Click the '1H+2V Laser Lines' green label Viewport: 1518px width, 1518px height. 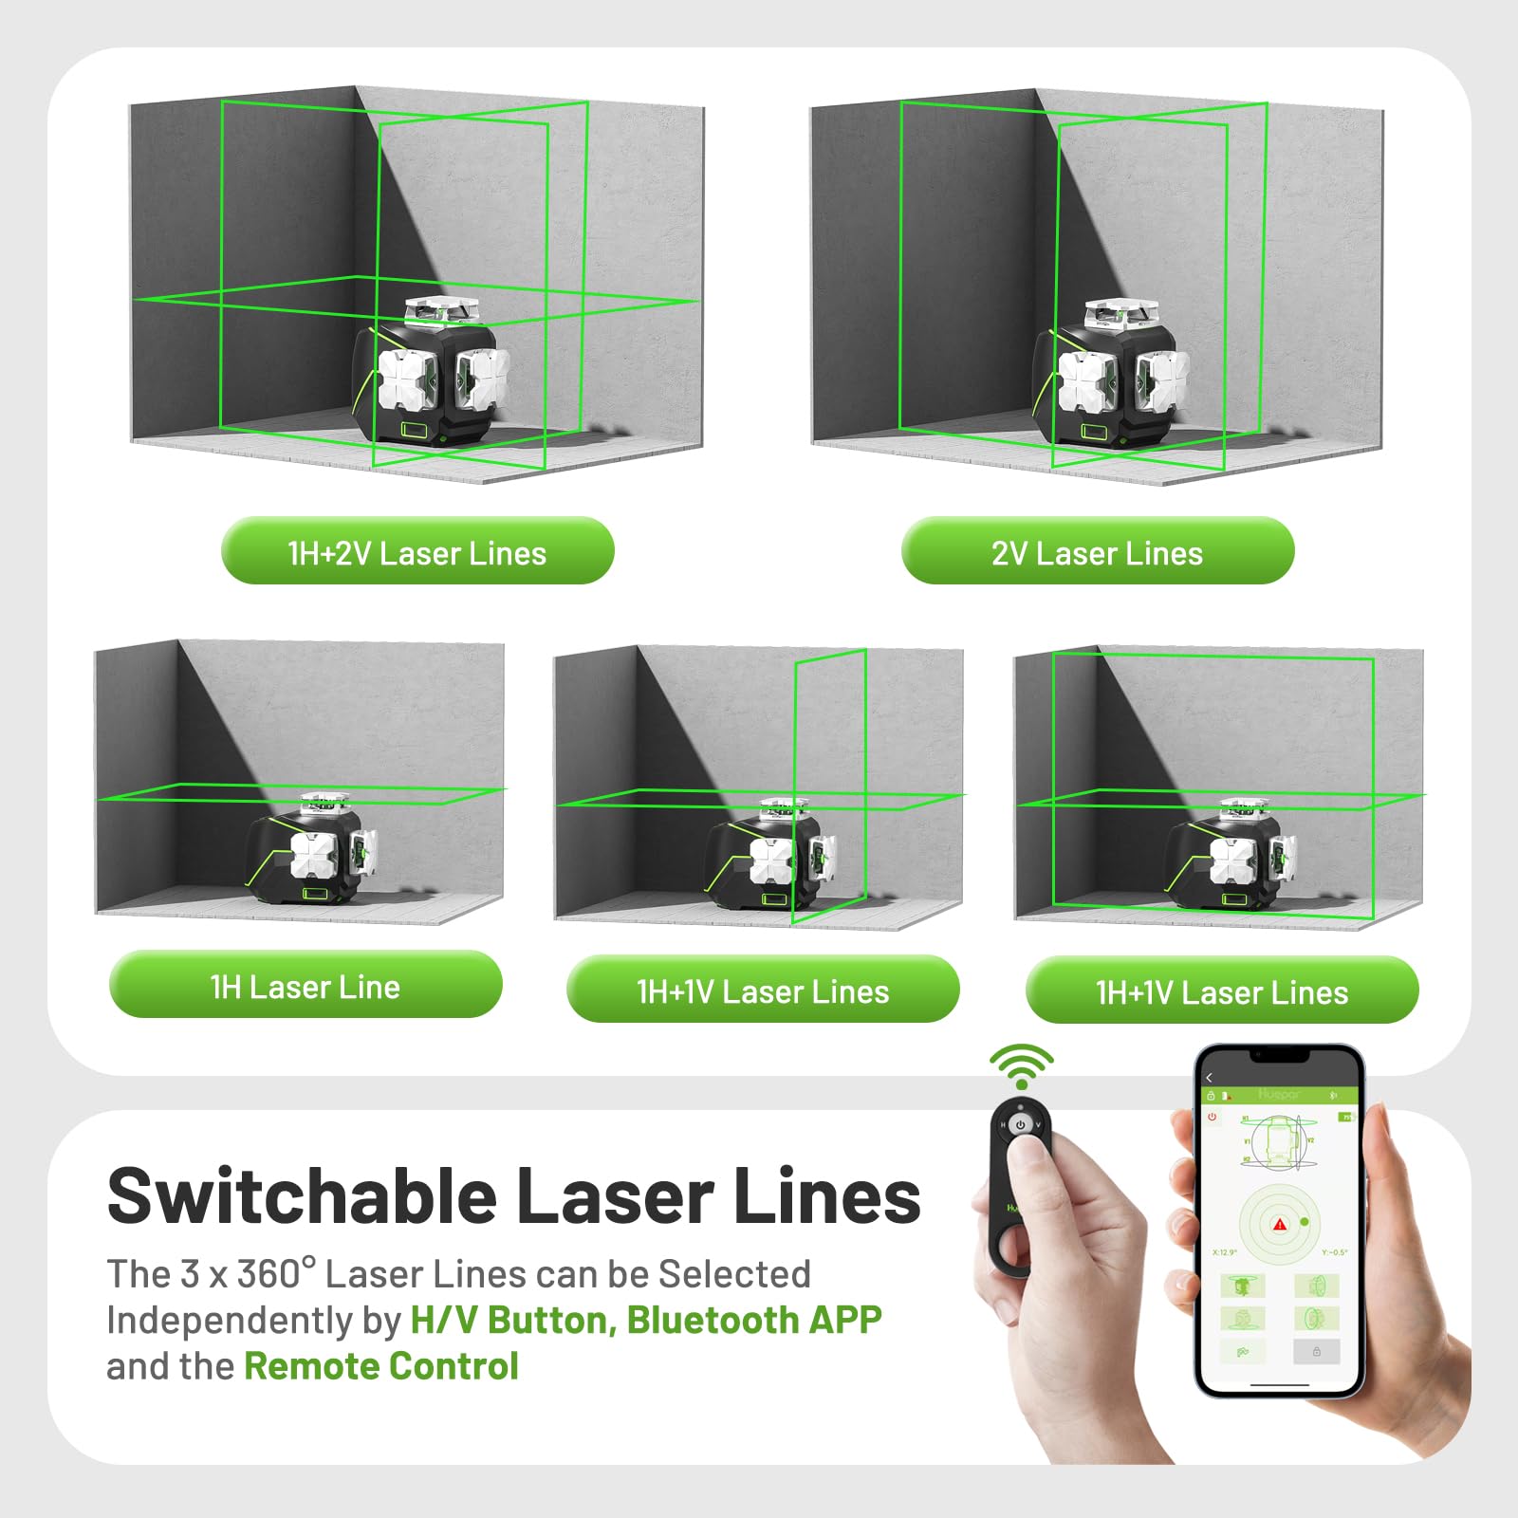417,551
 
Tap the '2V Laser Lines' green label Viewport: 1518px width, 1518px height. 1097,551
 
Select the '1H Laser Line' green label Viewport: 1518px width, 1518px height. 305,985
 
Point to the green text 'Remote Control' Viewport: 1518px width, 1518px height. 380,1366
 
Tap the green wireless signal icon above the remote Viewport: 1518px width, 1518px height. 1021,1066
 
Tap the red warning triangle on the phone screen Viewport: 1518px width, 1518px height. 1279,1225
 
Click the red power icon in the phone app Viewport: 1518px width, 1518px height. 1212,1117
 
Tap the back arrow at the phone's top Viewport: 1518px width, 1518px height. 1209,1078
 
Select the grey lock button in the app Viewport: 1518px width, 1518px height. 1316,1351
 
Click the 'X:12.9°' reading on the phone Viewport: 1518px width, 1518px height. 1224,1252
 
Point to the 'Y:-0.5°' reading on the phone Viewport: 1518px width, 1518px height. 1334,1252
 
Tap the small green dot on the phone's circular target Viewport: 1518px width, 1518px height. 1305,1222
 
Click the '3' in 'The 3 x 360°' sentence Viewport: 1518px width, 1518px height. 190,1274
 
